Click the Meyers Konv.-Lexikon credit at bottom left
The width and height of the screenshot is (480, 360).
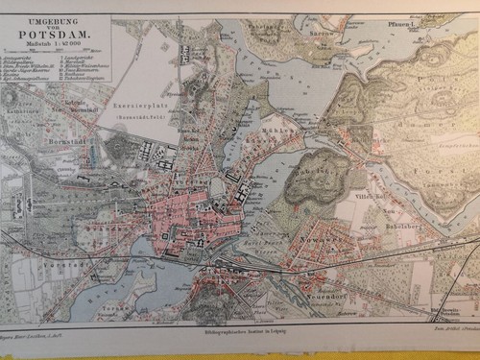point(38,328)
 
